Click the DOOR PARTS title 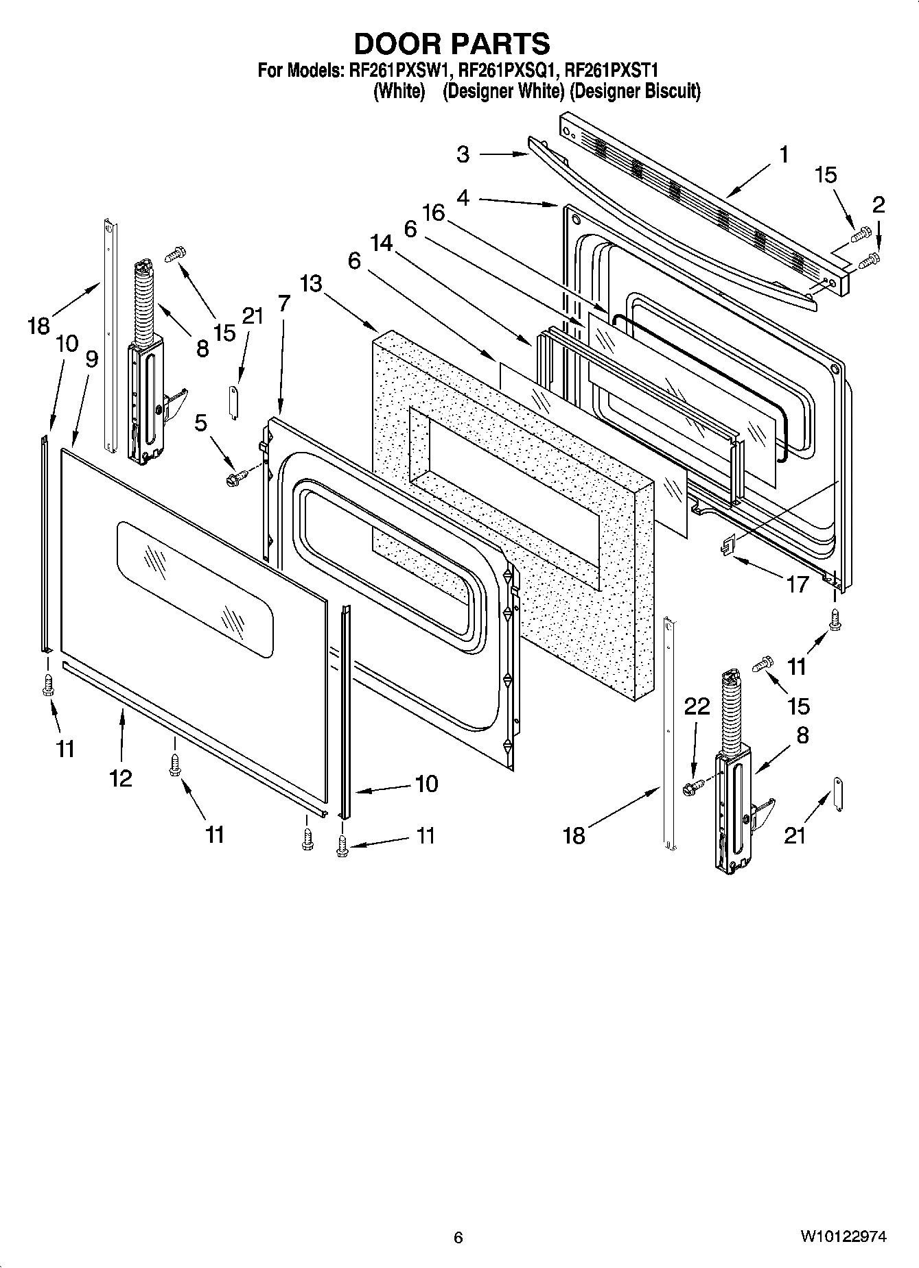[x=452, y=43]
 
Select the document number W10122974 [x=842, y=1236]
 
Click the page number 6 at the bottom [x=458, y=1237]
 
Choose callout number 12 [x=120, y=778]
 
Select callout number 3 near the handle [x=463, y=154]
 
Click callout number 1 [x=783, y=154]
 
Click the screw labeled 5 [x=233, y=476]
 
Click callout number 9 [x=91, y=359]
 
